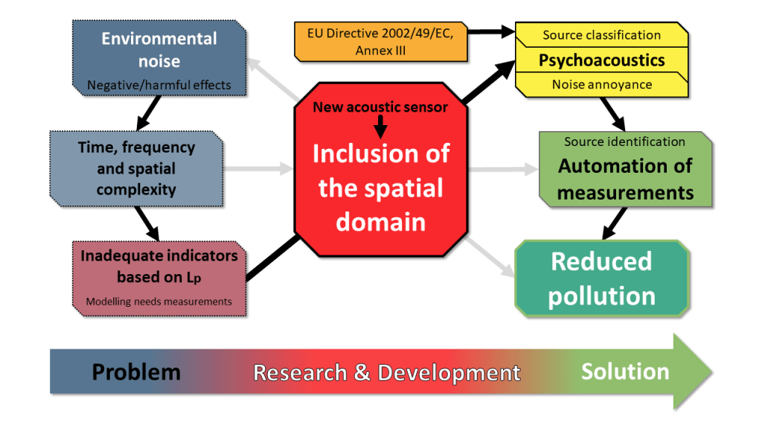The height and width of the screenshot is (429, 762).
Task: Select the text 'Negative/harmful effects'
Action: (159, 85)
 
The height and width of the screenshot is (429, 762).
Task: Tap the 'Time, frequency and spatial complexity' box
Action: (136, 168)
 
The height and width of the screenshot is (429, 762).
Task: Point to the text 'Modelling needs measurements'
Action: (159, 302)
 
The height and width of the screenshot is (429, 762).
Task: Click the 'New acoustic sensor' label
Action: (380, 107)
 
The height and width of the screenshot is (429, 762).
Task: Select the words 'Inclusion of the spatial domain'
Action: (380, 187)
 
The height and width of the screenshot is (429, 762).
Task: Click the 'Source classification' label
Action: (601, 35)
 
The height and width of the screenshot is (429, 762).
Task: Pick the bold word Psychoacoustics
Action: (601, 60)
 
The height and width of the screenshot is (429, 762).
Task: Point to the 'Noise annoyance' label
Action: (601, 84)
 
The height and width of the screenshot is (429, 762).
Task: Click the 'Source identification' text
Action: (624, 142)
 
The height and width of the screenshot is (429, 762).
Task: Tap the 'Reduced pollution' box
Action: (601, 278)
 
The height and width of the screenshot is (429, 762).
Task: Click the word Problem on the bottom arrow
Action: (136, 372)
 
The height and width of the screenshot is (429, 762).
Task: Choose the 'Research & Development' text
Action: (386, 372)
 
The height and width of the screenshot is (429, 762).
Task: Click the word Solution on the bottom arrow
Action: (625, 371)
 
